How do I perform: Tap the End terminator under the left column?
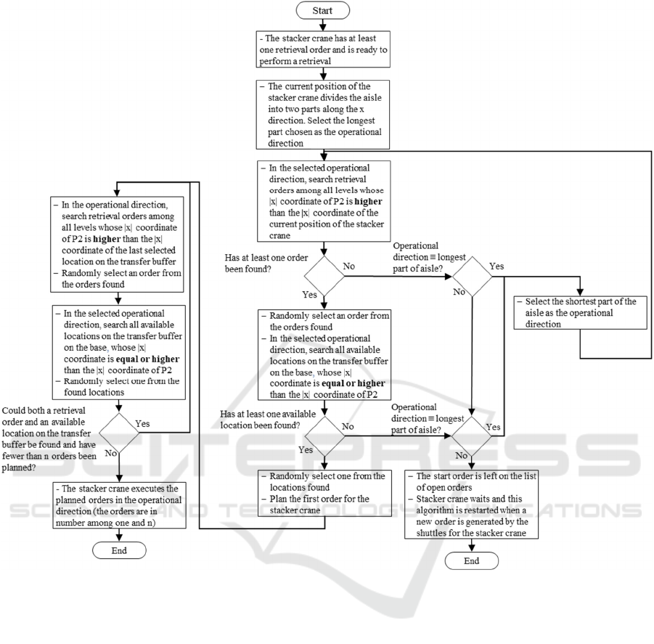(x=119, y=550)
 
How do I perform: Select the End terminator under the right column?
(x=472, y=561)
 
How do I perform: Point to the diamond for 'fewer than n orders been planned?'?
(x=119, y=435)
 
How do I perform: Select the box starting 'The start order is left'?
(x=471, y=503)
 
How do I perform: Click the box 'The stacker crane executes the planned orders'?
(x=119, y=503)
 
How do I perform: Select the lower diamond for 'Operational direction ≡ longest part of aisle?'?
(x=472, y=435)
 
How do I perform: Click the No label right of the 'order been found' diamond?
(x=348, y=266)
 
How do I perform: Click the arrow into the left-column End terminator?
(x=119, y=534)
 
